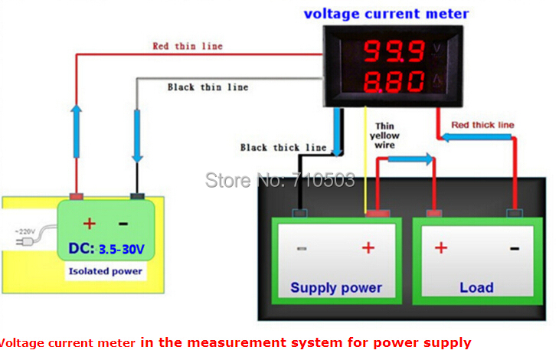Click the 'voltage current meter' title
386,14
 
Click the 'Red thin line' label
188,46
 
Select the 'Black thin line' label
208,87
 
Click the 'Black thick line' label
283,147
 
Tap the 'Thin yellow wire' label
384,136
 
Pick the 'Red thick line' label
482,124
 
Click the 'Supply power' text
335,288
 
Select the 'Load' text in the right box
476,288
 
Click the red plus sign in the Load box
441,247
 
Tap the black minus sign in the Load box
515,247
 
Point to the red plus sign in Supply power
368,247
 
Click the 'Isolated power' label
106,271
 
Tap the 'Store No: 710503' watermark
279,181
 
